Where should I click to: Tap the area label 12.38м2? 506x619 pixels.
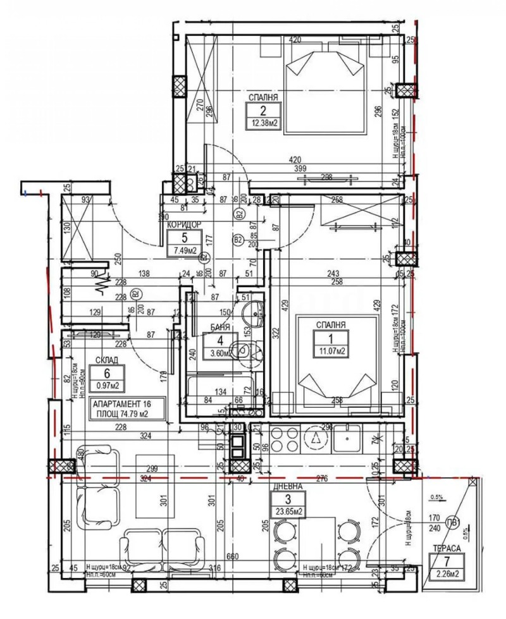pos(263,123)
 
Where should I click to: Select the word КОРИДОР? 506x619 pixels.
pos(184,224)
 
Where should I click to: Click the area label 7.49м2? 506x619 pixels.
pos(184,250)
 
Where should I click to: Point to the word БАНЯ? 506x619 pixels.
pos(219,328)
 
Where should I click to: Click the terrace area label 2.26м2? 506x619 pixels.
pos(447,574)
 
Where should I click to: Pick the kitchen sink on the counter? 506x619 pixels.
pos(347,436)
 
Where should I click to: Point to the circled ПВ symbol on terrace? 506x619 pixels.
pos(452,522)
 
